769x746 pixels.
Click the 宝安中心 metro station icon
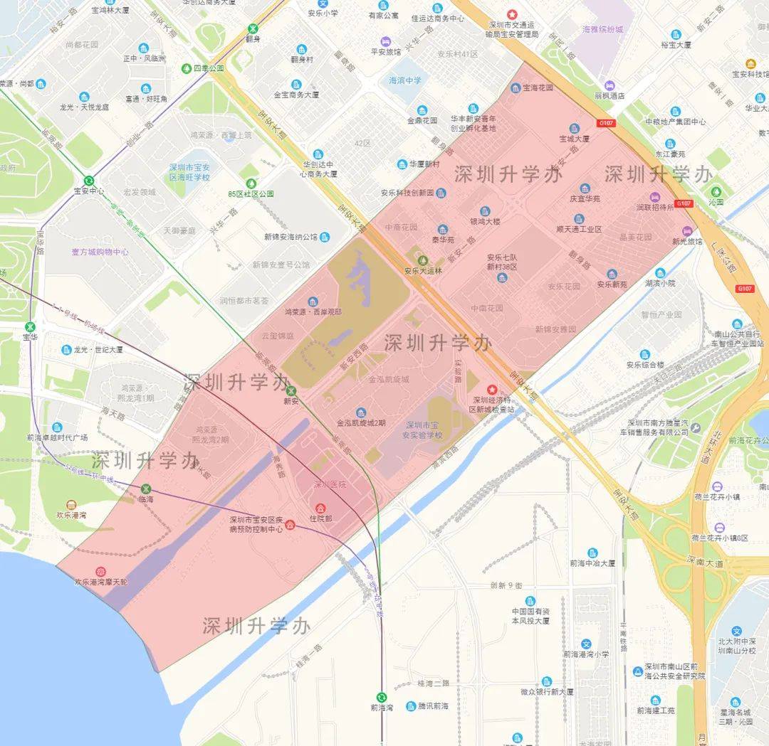click(89, 181)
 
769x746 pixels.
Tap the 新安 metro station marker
click(291, 390)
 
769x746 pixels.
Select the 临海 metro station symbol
click(146, 489)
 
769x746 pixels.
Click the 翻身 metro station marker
click(253, 29)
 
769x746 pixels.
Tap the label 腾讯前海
click(433, 706)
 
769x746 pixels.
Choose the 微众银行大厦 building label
click(546, 691)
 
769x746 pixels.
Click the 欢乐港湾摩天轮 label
click(101, 582)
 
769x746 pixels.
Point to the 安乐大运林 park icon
click(423, 260)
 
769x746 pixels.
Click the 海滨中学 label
click(405, 80)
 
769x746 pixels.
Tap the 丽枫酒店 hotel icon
click(610, 85)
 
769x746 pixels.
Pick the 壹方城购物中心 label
click(100, 252)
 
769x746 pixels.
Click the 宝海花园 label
click(538, 88)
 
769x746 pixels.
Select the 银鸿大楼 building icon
click(485, 211)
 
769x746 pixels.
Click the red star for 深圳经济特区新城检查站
click(491, 390)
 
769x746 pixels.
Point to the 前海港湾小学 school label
click(586, 654)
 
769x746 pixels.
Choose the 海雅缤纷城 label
click(602, 30)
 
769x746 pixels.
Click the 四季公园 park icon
click(187, 68)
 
